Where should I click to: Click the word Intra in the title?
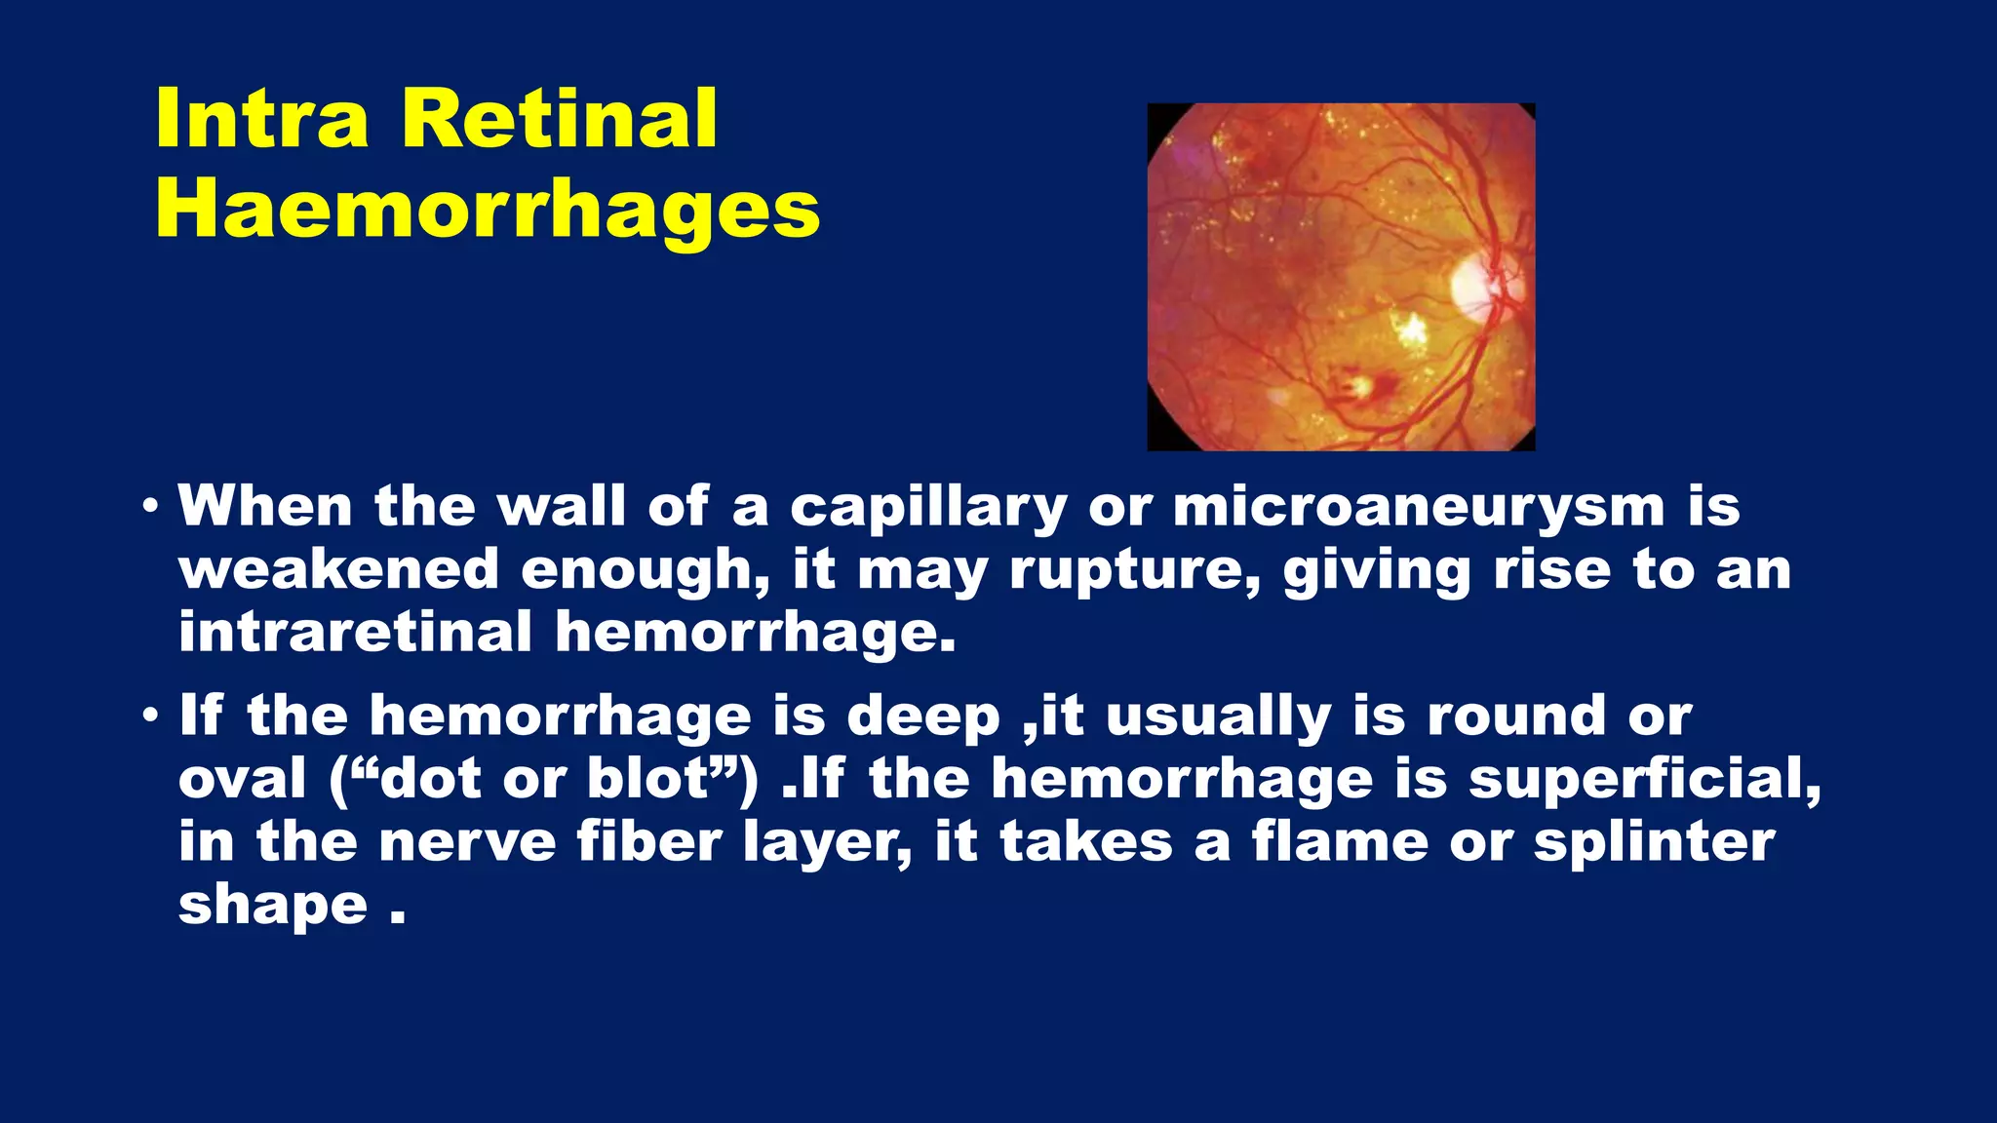click(x=261, y=119)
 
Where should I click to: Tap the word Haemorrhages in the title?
click(x=488, y=211)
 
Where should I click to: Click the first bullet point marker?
click(x=149, y=508)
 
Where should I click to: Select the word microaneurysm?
click(x=1419, y=508)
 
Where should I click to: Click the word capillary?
click(x=927, y=508)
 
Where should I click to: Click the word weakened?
click(x=338, y=570)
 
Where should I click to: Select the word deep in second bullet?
click(x=922, y=717)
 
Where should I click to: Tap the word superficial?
click(x=1644, y=780)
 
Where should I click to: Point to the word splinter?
click(x=1654, y=842)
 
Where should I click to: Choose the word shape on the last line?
click(x=272, y=907)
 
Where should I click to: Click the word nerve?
click(x=467, y=842)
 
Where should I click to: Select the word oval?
click(x=243, y=780)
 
